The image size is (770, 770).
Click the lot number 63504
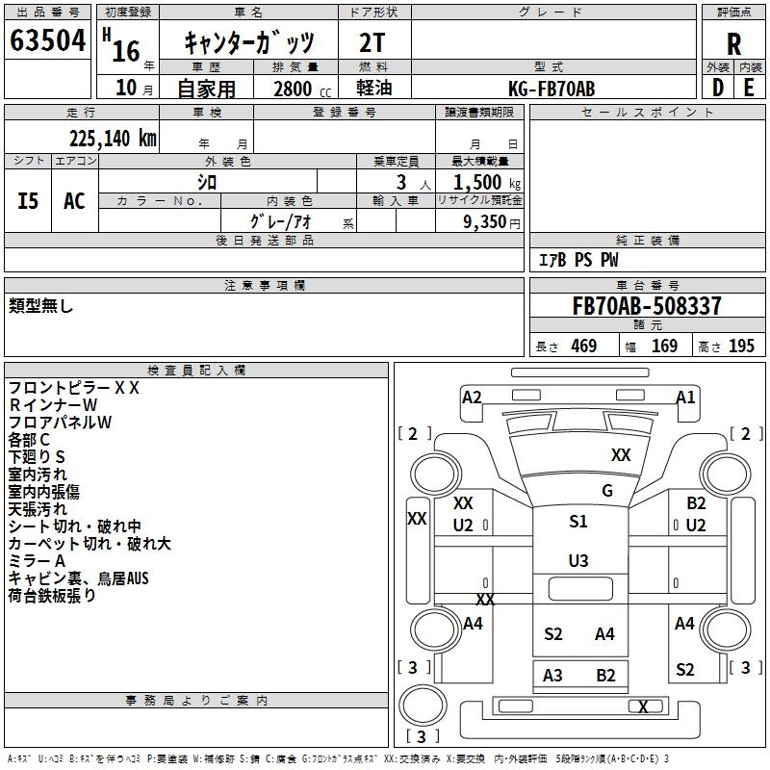47,41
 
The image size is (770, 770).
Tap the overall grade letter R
734,43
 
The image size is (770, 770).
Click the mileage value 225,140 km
113,138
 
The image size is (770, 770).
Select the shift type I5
29,201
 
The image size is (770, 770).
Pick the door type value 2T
373,42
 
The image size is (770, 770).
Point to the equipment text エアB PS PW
577,260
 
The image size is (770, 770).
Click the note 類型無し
41,306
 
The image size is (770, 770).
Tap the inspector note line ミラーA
37,561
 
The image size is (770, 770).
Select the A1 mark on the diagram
685,397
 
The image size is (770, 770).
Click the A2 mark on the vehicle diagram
472,397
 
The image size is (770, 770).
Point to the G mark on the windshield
607,491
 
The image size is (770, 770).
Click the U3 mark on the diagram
578,560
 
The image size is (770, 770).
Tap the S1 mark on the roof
578,521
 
